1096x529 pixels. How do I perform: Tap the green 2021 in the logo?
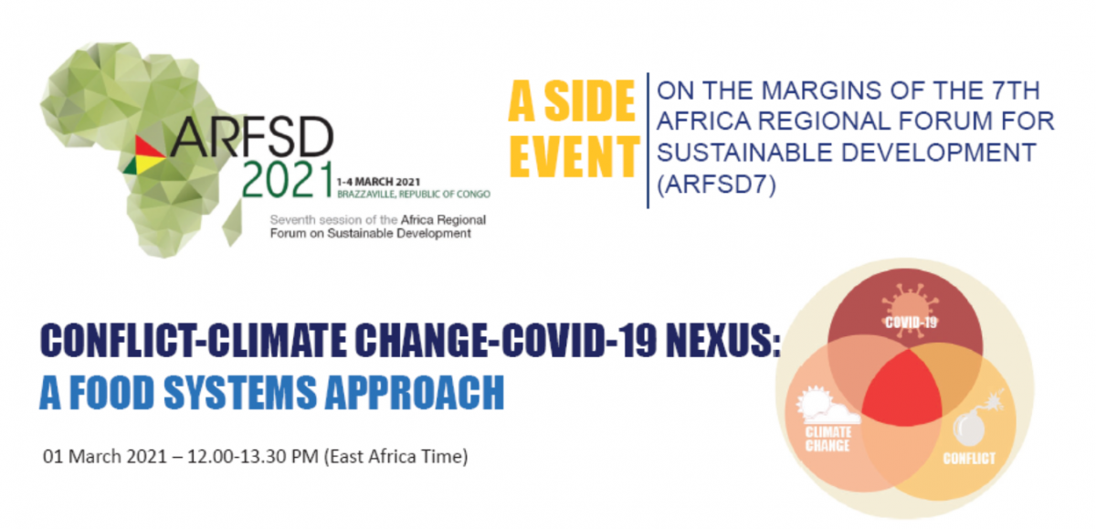click(x=288, y=180)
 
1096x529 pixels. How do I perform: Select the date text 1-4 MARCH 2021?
click(x=378, y=182)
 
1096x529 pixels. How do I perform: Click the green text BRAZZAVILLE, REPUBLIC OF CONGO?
click(x=414, y=195)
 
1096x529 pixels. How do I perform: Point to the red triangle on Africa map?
click(x=148, y=147)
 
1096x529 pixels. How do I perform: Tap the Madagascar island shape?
click(x=232, y=223)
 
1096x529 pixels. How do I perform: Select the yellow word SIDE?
click(x=590, y=101)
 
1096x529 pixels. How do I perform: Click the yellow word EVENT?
click(x=574, y=156)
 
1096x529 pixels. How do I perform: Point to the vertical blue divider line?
click(x=648, y=141)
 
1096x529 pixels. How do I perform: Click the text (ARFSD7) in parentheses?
click(x=716, y=184)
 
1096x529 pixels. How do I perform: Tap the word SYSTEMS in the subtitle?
click(x=240, y=392)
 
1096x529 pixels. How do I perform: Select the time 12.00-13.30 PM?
click(x=253, y=456)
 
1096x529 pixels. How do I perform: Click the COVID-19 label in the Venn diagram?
click(x=912, y=323)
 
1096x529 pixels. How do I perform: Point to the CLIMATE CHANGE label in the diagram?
click(x=828, y=439)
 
